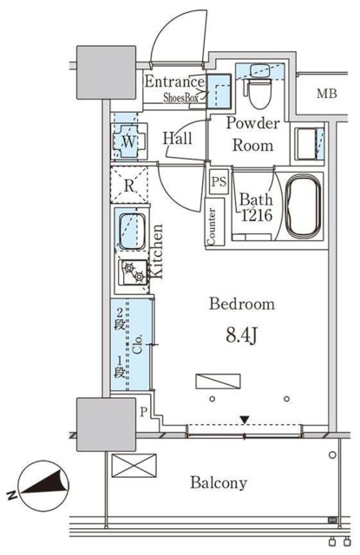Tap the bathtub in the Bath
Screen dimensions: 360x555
[303, 207]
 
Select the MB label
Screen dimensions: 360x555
[326, 94]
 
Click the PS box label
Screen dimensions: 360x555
[219, 182]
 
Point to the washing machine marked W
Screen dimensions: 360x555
[129, 141]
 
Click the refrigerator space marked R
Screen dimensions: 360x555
[129, 185]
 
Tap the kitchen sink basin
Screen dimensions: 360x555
[132, 232]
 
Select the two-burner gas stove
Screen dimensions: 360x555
[134, 272]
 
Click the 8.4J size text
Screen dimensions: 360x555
[241, 336]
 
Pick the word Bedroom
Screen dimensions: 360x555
[242, 304]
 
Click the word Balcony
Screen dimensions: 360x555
[219, 483]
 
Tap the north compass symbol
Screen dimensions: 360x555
[40, 486]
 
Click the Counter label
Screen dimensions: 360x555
[212, 226]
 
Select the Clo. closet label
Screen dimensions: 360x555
[137, 343]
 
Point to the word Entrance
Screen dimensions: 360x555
[174, 82]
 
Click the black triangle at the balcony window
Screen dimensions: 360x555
[245, 420]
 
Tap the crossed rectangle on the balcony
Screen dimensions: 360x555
[134, 466]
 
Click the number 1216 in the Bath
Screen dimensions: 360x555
[257, 215]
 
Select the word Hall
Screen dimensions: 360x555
[177, 138]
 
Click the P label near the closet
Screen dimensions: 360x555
[144, 412]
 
